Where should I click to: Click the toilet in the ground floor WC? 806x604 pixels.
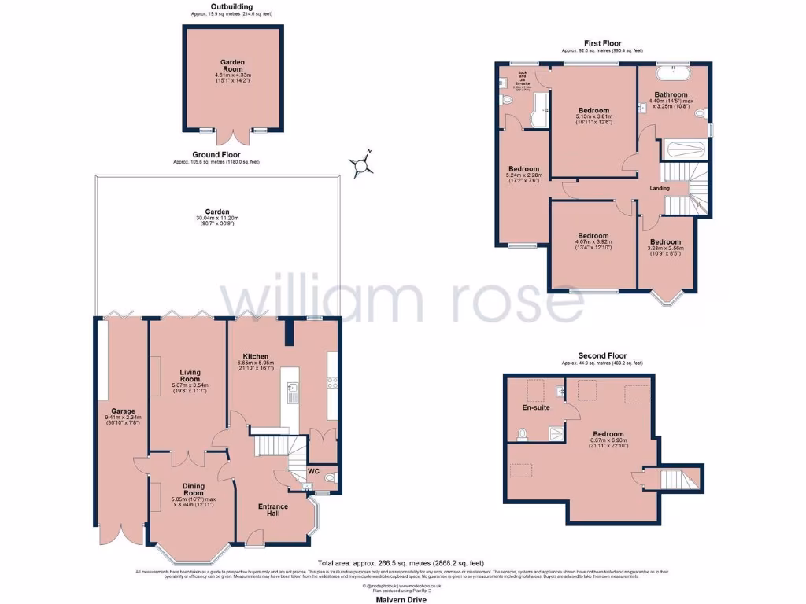click(329, 477)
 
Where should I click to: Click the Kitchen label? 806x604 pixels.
click(257, 355)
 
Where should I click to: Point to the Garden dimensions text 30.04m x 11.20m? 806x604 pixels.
click(216, 218)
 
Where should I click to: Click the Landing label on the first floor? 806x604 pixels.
click(659, 188)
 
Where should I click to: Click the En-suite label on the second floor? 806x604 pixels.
click(536, 407)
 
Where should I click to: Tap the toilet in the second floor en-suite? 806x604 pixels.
click(523, 433)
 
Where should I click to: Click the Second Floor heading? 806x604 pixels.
click(601, 356)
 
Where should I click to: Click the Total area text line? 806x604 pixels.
click(401, 562)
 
